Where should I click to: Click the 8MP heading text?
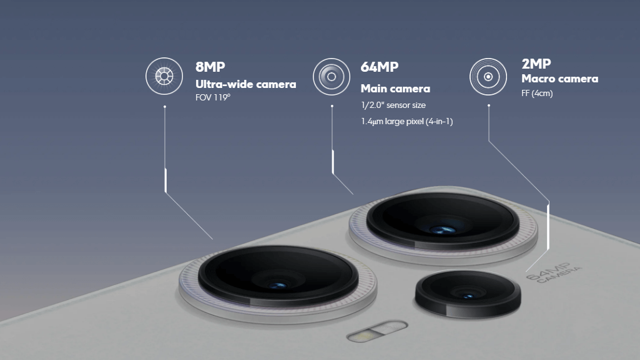click(210, 67)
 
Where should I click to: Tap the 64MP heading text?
click(380, 67)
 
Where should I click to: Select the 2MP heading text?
click(536, 64)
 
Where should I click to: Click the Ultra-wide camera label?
click(246, 84)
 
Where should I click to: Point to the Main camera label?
click(395, 89)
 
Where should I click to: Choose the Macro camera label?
click(559, 79)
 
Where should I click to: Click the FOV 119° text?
click(213, 97)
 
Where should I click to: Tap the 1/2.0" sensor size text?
click(393, 105)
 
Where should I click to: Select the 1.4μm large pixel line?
click(406, 122)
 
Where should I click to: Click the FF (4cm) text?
click(537, 94)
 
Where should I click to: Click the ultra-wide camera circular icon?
click(164, 76)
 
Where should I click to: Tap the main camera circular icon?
click(332, 77)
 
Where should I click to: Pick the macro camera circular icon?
click(488, 77)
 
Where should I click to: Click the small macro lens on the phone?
click(468, 293)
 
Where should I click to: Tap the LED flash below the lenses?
click(377, 331)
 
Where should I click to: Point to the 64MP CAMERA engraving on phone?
click(554, 273)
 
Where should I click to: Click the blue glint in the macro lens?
click(468, 296)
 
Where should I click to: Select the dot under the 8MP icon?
click(165, 107)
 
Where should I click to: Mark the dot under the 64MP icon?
click(332, 106)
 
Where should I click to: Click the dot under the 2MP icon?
click(488, 105)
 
